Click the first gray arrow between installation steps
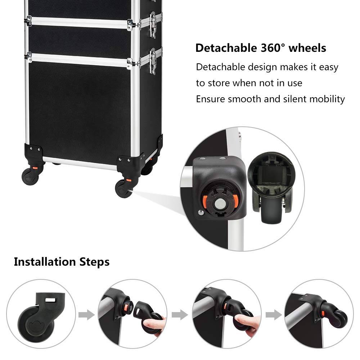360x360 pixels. pyautogui.click(x=87, y=315)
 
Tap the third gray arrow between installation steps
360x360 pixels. pyautogui.click(x=274, y=315)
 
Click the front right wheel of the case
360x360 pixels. pyautogui.click(x=123, y=188)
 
